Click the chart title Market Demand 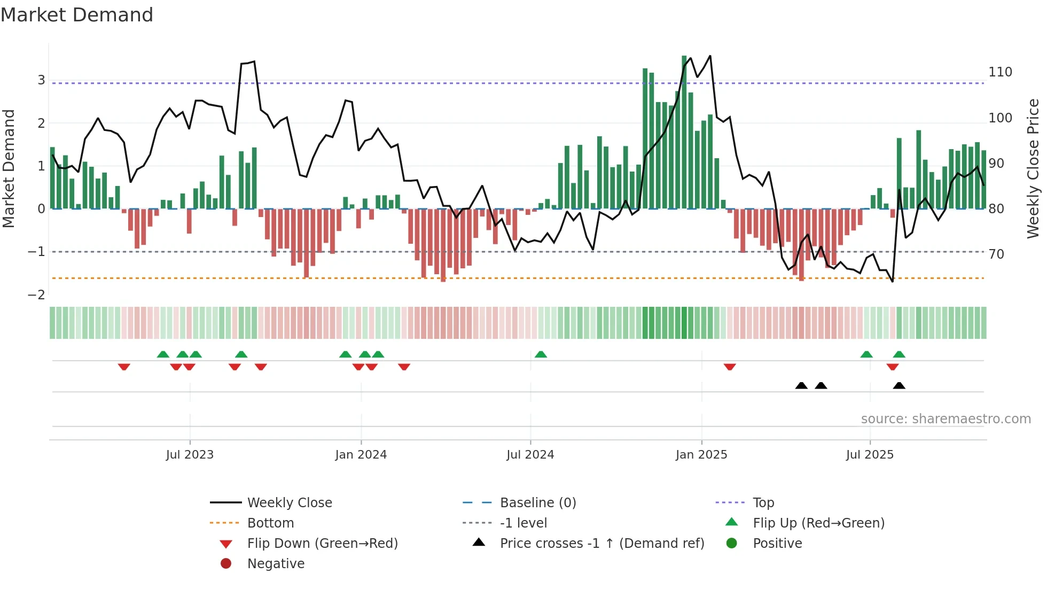77,15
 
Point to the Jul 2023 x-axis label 190,455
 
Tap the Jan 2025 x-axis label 701,455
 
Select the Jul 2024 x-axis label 530,455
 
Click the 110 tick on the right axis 1000,72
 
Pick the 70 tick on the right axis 996,254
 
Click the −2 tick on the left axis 36,295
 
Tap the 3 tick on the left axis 41,80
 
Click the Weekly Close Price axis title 1033,168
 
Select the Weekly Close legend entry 289,503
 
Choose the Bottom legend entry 270,523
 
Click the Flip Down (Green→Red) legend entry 322,544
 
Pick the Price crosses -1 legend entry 601,544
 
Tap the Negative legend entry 276,564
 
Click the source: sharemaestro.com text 946,419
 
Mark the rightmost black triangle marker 899,386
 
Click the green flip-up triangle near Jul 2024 541,354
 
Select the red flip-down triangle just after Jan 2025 730,367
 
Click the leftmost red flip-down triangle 124,367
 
